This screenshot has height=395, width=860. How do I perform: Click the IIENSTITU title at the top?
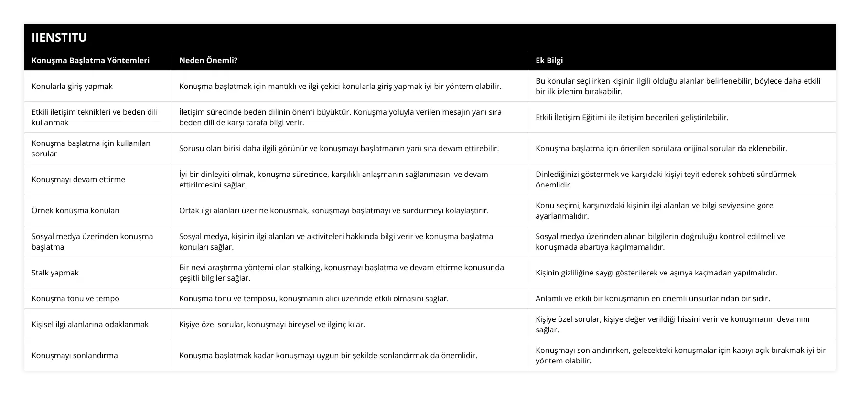click(59, 37)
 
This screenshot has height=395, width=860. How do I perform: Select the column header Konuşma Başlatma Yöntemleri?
click(90, 60)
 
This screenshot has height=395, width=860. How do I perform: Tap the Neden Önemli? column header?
click(208, 60)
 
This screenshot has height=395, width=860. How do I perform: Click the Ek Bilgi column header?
click(549, 60)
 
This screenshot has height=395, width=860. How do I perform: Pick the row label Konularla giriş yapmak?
click(72, 86)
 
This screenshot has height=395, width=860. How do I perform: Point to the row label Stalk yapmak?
click(55, 273)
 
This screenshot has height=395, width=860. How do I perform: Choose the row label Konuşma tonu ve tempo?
click(75, 298)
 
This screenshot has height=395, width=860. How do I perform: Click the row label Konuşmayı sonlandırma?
click(75, 355)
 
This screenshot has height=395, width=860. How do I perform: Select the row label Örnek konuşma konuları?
click(75, 210)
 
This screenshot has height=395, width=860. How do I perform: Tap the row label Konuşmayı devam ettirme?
click(78, 179)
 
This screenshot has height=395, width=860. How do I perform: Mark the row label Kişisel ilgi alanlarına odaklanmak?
click(90, 324)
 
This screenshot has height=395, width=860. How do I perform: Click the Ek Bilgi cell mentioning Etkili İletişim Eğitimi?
click(632, 117)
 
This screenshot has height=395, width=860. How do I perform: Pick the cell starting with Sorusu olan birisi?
click(339, 148)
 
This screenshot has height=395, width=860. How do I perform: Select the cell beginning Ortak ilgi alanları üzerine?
click(333, 210)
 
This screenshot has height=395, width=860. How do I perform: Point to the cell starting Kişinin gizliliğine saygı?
click(656, 273)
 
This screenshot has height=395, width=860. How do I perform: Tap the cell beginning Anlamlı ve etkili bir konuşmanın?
click(653, 298)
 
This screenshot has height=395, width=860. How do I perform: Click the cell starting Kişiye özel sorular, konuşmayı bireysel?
click(272, 324)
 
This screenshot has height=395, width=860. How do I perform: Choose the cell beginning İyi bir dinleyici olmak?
click(333, 179)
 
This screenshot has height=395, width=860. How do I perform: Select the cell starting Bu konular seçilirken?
click(677, 86)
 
